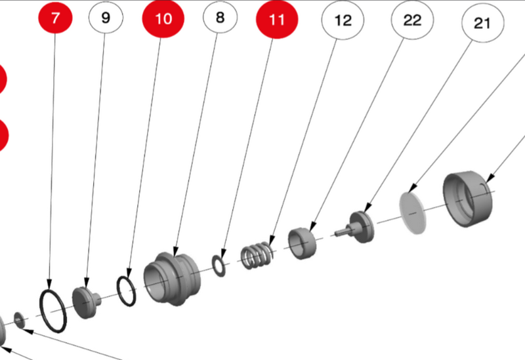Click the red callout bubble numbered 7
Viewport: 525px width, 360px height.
point(55,17)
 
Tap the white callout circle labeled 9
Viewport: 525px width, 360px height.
point(106,17)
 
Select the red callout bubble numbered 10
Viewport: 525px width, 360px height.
point(163,18)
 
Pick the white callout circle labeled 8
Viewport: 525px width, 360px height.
point(220,17)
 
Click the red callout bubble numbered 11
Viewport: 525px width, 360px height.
point(277,20)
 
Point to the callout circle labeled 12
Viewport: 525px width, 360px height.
point(343,20)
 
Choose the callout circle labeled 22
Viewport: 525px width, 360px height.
point(412,20)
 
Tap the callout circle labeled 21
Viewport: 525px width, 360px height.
point(482,23)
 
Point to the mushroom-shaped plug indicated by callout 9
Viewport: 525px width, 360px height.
point(85,302)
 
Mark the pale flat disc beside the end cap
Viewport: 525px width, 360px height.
point(413,213)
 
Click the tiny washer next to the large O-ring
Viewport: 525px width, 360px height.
point(20,320)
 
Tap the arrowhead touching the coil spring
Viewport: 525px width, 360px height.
point(271,241)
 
